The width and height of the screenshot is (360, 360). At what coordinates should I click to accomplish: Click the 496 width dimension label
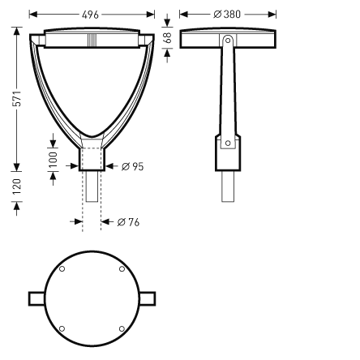coord(92,15)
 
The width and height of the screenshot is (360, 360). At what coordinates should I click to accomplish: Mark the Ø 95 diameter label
coord(132,167)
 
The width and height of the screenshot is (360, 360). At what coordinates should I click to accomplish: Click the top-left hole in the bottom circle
coord(62,268)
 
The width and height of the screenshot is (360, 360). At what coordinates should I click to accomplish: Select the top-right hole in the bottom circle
coord(122,268)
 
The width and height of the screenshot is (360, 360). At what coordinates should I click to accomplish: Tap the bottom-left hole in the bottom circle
coord(62,328)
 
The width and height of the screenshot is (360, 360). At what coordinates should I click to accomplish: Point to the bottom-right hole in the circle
coord(122,328)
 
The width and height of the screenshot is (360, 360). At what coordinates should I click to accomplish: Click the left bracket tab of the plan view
coord(36,298)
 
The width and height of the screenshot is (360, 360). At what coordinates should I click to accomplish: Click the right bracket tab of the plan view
coord(147,298)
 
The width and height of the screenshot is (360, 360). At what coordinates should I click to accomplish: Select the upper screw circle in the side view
coord(228,40)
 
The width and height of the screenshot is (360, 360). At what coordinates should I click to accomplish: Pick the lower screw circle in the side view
coord(228,144)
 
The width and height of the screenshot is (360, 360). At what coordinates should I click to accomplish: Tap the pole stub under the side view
coord(228,186)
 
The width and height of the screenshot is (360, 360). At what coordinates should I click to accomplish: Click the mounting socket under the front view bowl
coord(91,156)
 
